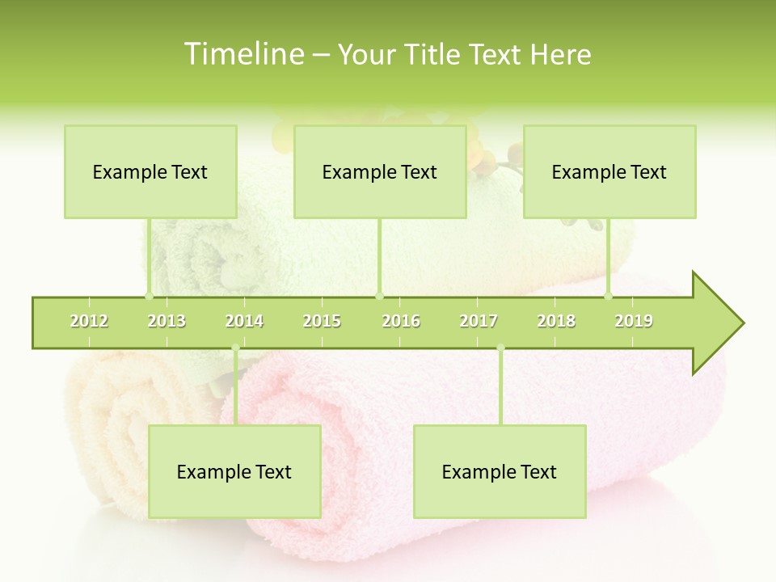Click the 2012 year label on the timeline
89,321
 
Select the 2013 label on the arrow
167,321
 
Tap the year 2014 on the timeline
244,321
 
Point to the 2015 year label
322,321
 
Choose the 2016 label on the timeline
401,321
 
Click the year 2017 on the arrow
479,321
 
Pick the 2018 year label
556,321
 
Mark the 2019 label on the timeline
634,321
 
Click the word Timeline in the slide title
243,54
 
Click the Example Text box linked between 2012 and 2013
150,171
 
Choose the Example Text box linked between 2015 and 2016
380,171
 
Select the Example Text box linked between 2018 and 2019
609,171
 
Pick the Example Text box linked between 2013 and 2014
234,471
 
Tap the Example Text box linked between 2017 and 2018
500,471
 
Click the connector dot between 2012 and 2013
149,297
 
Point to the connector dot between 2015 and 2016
380,297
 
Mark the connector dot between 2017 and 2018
500,348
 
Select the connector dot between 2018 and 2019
609,297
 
